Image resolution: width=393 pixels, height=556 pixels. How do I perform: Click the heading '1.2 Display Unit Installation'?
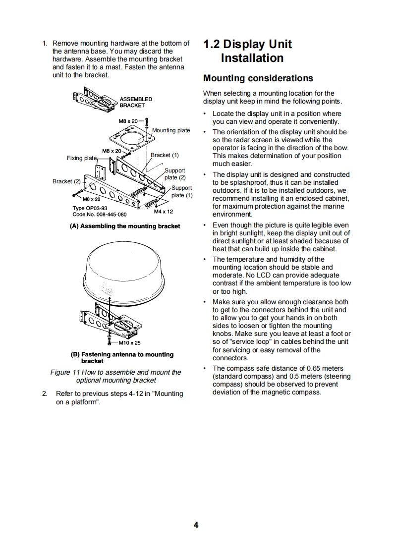pos(248,51)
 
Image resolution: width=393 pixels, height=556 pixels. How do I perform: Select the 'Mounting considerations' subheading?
pos(258,78)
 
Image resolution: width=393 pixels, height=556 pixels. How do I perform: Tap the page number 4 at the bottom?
pos(196,525)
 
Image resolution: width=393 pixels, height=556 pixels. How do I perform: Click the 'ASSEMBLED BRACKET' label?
pos(136,102)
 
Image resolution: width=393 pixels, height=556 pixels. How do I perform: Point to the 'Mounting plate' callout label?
pos(171,130)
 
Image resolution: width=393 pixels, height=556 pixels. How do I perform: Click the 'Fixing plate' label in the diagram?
pos(82,158)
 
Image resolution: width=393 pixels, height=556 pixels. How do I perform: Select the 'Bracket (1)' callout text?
pos(165,155)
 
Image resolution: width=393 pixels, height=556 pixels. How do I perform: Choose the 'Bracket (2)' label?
pos(66,181)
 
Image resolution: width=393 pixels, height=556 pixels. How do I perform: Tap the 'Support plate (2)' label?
pos(175,174)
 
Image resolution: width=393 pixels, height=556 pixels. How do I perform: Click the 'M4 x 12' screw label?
pos(163,212)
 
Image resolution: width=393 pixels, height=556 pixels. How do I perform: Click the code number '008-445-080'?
pos(107,215)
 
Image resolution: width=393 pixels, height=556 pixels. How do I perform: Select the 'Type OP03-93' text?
pos(90,209)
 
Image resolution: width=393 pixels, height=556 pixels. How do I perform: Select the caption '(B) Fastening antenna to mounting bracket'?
pos(122,357)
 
